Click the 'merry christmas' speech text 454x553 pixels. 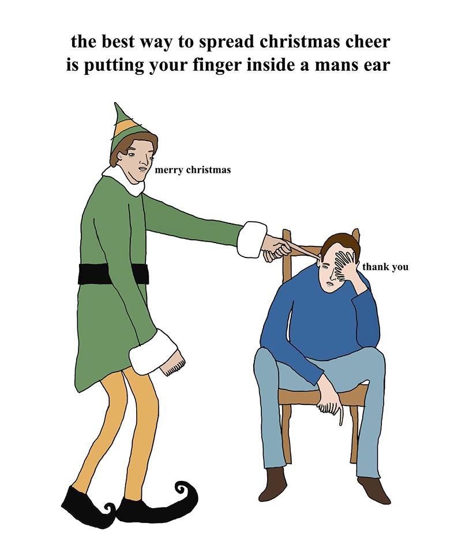click(193, 170)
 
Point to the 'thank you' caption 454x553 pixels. click(385, 267)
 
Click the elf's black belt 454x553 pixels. click(113, 274)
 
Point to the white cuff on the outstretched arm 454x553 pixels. click(252, 238)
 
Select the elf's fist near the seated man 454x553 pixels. click(277, 249)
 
